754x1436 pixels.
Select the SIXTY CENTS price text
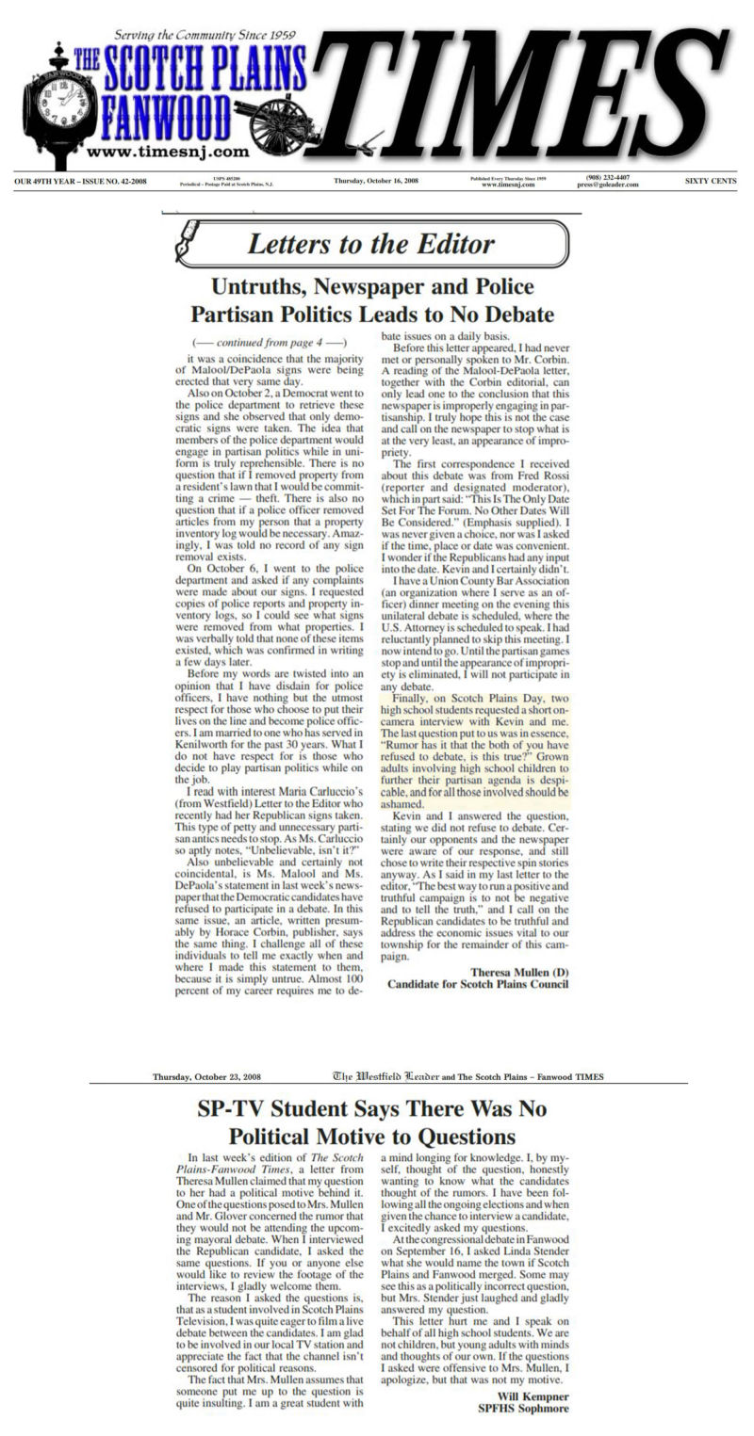[x=711, y=180]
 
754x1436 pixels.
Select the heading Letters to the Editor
[x=371, y=245]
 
